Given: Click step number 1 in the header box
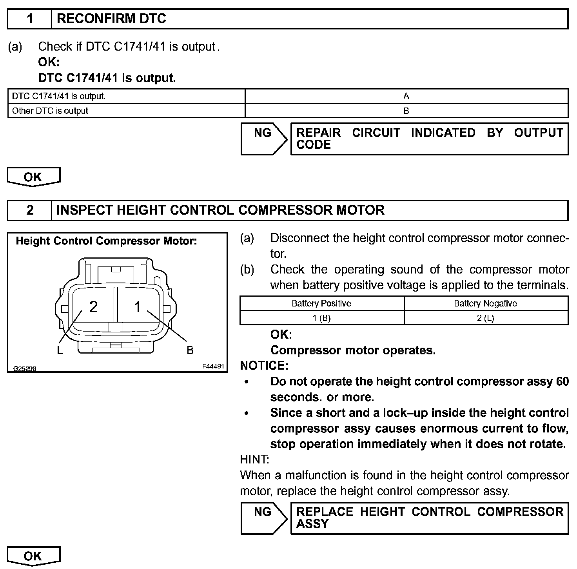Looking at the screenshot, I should [x=30, y=19].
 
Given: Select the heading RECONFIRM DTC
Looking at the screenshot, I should [x=111, y=19].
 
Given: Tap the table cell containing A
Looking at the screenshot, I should [x=406, y=96].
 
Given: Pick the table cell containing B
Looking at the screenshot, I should [x=406, y=111].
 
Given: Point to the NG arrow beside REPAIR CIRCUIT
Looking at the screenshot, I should [x=263, y=139].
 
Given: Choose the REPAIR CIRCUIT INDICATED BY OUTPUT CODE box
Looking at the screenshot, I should [x=429, y=139].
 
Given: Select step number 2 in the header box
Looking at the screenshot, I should [x=30, y=210].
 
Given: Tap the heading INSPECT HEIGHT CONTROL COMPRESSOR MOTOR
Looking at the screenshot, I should [x=220, y=210].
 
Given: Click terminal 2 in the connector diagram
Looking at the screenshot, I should [x=93, y=306].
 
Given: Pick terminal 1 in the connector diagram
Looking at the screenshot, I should [x=138, y=306].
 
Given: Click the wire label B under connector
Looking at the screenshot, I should [x=190, y=350].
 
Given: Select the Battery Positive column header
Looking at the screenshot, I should [x=321, y=303].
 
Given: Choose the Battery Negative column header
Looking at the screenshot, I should [x=485, y=303].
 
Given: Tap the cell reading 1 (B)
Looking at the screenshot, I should [x=321, y=318].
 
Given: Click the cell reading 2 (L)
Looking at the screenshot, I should [x=485, y=318].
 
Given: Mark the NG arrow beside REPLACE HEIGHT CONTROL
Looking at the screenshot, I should [x=263, y=518].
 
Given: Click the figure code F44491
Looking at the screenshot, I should [x=213, y=366].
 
